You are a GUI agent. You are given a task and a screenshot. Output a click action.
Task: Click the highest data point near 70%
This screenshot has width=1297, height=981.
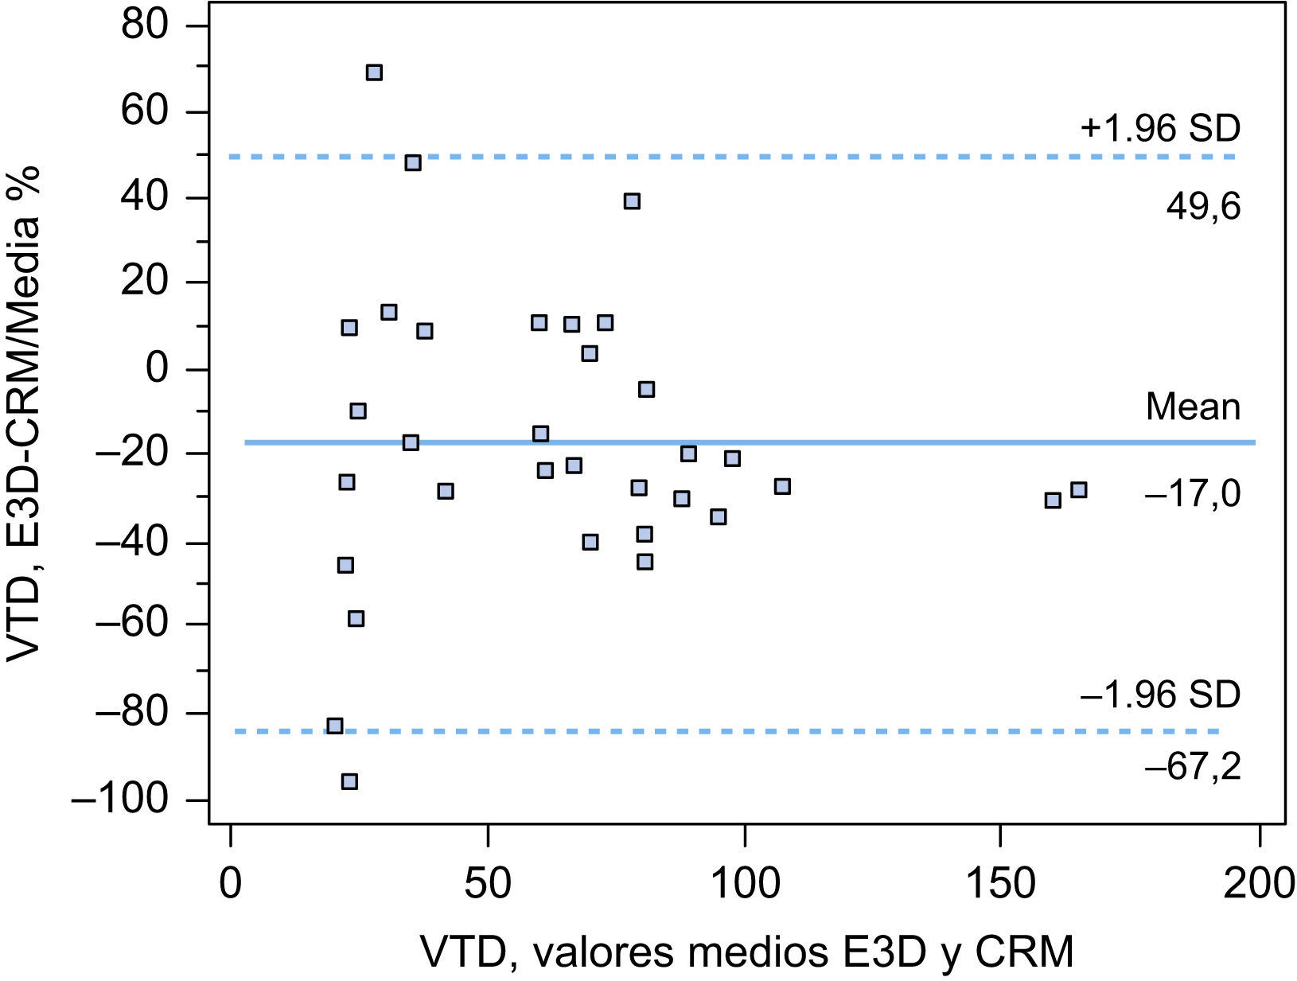374,72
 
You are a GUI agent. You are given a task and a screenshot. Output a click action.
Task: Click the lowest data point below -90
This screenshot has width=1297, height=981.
349,781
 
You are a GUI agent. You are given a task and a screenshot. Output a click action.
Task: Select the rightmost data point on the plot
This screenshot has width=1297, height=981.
1078,489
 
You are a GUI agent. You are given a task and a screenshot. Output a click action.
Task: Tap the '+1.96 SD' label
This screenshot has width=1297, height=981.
1159,129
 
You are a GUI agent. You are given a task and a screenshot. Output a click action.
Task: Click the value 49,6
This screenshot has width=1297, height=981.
1203,208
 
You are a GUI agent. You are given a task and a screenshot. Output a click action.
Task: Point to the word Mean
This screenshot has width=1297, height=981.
1192,407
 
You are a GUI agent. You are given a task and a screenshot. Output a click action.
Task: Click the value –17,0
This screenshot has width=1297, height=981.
1192,496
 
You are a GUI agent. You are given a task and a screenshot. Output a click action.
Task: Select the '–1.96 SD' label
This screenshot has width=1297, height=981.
1159,695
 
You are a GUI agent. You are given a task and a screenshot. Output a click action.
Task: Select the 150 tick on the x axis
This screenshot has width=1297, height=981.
999,884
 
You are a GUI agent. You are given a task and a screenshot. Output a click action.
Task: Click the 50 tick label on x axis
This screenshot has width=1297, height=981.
487,884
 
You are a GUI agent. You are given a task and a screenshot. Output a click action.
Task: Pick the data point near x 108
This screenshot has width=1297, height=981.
782,486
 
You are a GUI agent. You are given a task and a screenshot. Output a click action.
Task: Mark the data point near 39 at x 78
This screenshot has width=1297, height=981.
632,201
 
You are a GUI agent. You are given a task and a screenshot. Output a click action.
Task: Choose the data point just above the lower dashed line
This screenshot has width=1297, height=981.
335,726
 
